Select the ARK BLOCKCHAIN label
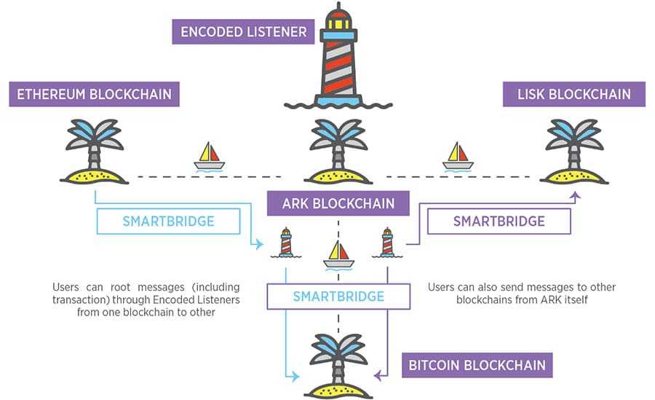pyautogui.click(x=338, y=204)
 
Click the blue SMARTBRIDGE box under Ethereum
pyautogui.click(x=168, y=221)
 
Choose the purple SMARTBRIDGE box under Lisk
pyautogui.click(x=499, y=221)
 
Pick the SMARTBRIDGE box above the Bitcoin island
pyautogui.click(x=338, y=297)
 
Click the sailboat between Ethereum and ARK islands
pyautogui.click(x=209, y=156)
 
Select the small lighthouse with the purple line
pyautogui.click(x=387, y=243)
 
